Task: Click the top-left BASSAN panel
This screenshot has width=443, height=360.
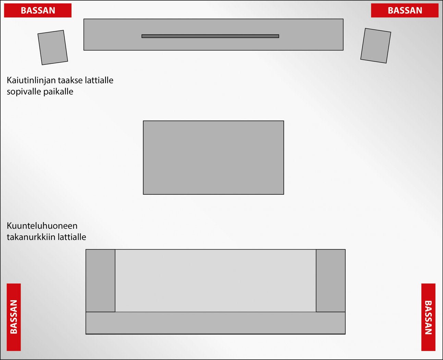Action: pos(38,10)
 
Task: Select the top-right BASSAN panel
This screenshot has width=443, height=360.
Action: pos(405,10)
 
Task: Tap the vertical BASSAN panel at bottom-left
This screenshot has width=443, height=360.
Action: pos(14,317)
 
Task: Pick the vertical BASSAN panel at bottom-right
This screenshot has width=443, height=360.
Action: pos(429,317)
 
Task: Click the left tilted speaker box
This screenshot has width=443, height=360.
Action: pos(53,47)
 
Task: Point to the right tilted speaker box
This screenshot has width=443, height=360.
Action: pos(376,46)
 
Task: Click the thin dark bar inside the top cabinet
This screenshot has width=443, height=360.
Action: pos(210,36)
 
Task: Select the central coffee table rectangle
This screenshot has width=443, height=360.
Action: pos(213,157)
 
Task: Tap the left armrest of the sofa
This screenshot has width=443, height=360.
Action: pos(100,280)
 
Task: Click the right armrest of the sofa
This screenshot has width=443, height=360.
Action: pos(331,280)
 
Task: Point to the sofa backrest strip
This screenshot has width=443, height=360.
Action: pos(216,323)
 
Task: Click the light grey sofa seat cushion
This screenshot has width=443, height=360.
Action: pos(216,280)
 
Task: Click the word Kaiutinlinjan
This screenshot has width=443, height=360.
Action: pos(31,81)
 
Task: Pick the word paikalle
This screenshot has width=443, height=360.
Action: pos(58,92)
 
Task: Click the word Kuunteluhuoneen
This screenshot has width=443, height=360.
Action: pos(42,226)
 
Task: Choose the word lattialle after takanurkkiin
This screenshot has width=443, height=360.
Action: pos(72,237)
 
